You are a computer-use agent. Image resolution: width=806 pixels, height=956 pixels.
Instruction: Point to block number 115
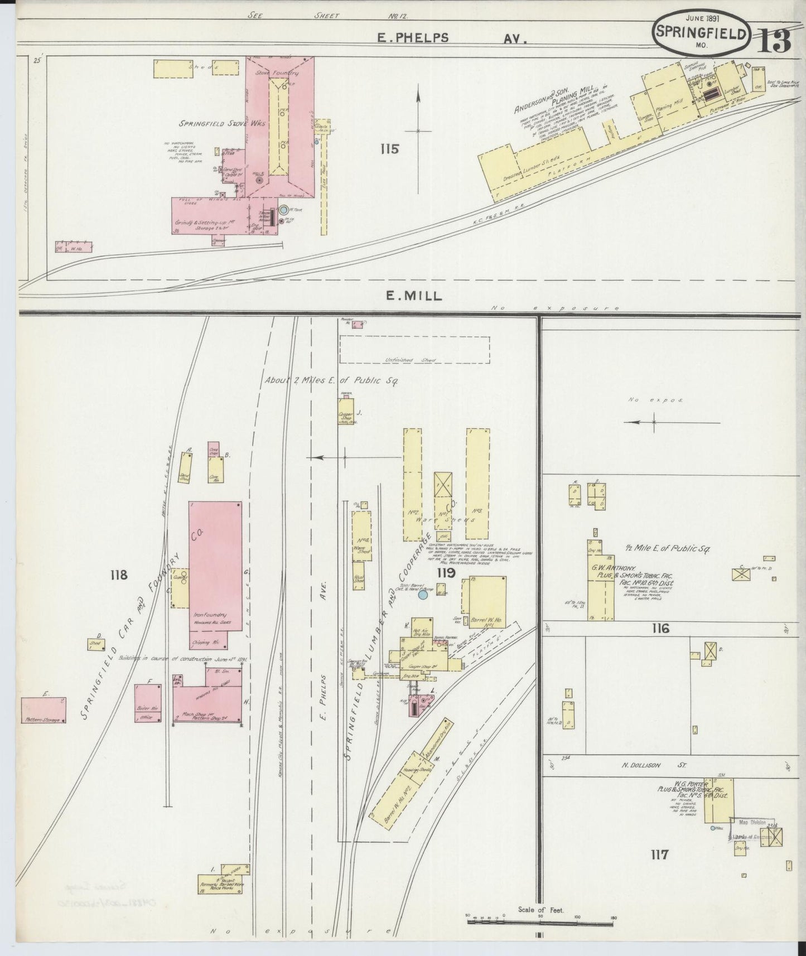tap(389, 149)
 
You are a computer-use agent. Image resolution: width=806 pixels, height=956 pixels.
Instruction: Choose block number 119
tap(446, 573)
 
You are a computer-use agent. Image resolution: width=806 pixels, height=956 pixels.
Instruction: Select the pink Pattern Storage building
tap(44, 710)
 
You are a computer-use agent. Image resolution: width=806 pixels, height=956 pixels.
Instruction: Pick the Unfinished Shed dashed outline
tap(414, 350)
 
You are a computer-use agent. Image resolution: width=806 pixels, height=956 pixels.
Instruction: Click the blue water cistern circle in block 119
tap(423, 595)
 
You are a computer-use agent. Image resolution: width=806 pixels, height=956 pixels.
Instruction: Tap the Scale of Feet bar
tap(541, 921)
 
